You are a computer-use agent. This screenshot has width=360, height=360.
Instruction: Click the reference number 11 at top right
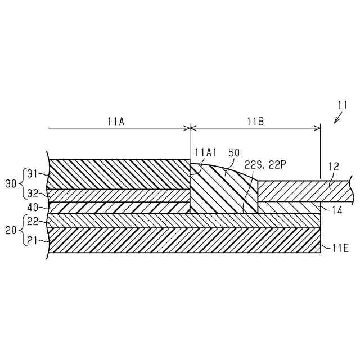pos(343,105)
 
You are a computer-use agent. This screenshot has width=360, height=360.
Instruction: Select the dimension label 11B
pos(254,120)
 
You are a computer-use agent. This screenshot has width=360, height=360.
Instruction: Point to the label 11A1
pos(206,152)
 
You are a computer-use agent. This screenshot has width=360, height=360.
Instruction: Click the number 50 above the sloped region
pos(234,152)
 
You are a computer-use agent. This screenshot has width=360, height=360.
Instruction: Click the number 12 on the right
pos(333,167)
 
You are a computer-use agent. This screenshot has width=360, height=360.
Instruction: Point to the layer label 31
pos(33,174)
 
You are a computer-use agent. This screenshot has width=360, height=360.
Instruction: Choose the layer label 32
pos(33,193)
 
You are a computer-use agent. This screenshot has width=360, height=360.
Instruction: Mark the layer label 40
pos(33,206)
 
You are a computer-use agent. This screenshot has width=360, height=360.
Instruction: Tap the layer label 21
pos(33,240)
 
